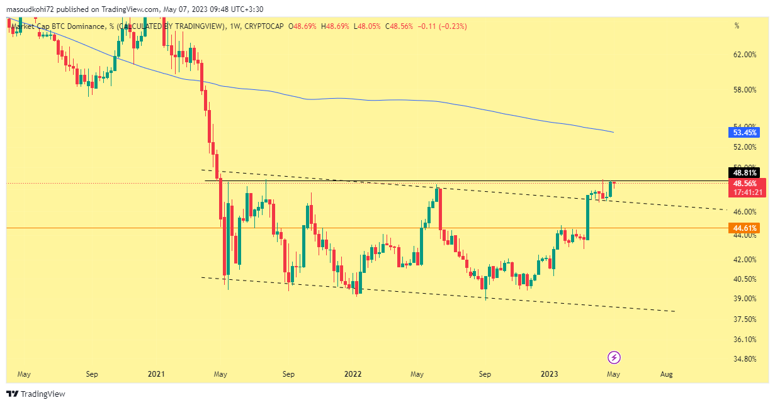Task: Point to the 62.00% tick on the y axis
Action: [745, 55]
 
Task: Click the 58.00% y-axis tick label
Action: [745, 90]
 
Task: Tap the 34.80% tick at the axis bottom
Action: [745, 359]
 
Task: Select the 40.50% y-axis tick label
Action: [745, 279]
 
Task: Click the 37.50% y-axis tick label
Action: [745, 319]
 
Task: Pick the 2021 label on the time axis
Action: [156, 374]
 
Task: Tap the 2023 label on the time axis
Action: [550, 374]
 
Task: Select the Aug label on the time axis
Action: [667, 374]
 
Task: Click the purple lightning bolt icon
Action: [614, 358]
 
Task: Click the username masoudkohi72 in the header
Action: [31, 9]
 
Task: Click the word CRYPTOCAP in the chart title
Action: [266, 26]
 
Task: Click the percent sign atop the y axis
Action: [737, 26]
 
